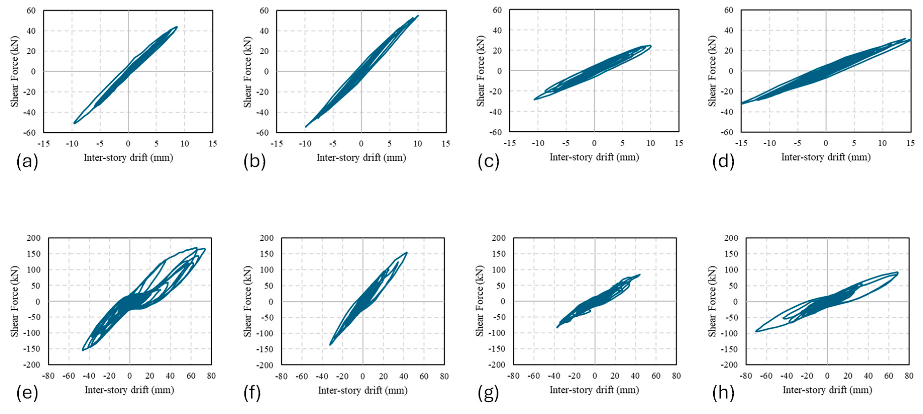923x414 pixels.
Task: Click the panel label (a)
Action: (x=27, y=162)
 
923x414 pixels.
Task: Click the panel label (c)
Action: (x=488, y=162)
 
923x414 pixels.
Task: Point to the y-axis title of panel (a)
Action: (x=14, y=71)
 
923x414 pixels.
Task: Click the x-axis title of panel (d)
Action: (x=826, y=157)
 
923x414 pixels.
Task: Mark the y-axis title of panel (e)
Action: (x=14, y=301)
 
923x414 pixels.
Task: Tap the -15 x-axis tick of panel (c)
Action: (x=510, y=143)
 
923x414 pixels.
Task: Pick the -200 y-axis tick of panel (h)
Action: (x=731, y=365)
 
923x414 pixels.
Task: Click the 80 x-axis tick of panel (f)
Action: (x=444, y=376)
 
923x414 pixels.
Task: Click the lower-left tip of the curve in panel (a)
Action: (x=74, y=123)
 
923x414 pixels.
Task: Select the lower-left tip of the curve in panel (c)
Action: (x=534, y=99)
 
